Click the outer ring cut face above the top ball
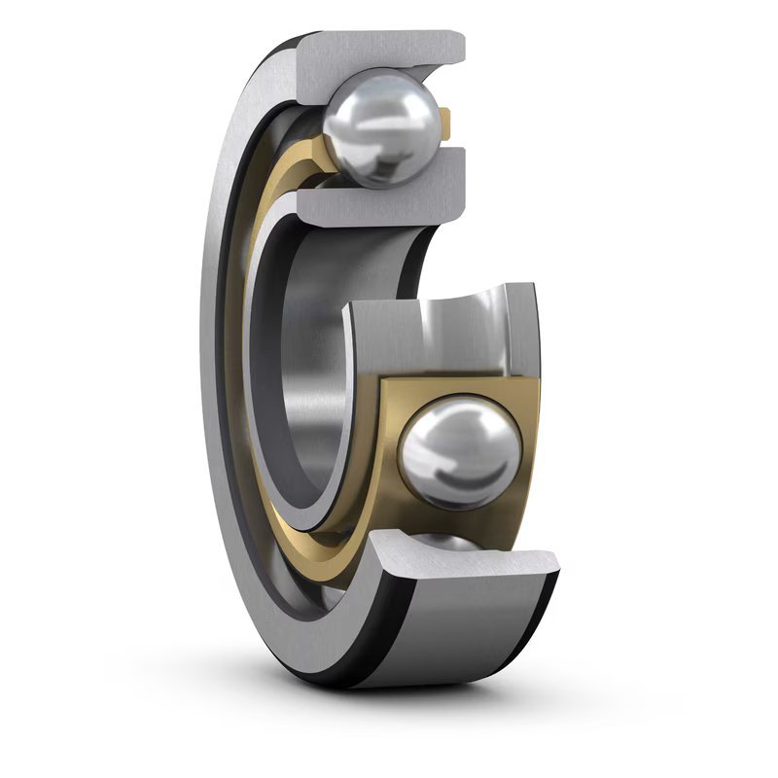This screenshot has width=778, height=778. tap(389, 53)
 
